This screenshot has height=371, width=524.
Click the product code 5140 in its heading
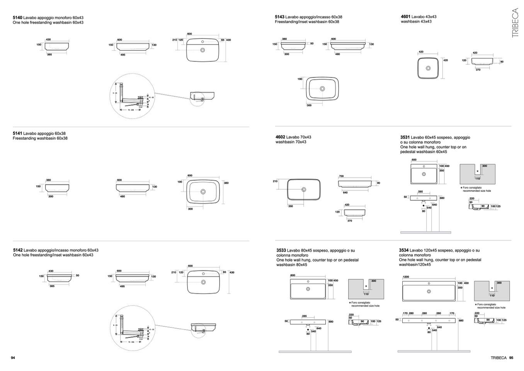pos(17,18)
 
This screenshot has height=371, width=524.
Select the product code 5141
pos(17,133)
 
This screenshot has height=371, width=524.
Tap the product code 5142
pos(18,250)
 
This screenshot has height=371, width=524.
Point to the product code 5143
pos(279,17)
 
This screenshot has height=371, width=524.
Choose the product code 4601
pos(405,17)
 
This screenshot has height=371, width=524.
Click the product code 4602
pos(280,137)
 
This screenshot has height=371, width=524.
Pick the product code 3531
pos(405,137)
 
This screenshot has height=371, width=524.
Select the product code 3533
pos(281,250)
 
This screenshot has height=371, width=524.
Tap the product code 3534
pos(404,250)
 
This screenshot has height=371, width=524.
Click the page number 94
pos(13,358)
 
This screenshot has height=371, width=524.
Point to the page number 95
pos(511,358)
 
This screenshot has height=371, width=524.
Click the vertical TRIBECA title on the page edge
pos(515,23)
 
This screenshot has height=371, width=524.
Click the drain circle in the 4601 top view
pos(428,68)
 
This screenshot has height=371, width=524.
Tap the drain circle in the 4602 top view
pos(304,190)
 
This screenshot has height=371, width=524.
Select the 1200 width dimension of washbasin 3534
pos(406,277)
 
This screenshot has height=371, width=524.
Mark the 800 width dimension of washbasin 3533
pos(293,275)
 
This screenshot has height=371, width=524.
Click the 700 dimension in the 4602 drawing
pos(341,176)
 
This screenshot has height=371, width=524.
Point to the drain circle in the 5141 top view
pos(203,191)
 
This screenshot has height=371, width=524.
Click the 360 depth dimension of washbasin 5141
pos(226,183)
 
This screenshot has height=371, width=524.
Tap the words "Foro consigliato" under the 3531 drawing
pos(472,188)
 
